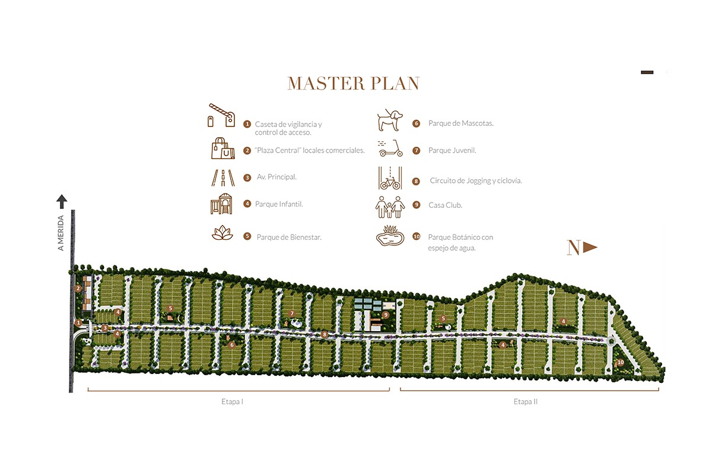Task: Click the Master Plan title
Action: (354, 84)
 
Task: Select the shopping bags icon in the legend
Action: (223, 148)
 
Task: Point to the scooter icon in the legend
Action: (390, 149)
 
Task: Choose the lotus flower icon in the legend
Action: (223, 233)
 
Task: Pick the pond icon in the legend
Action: (390, 236)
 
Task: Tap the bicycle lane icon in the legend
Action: (390, 178)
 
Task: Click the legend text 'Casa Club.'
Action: (445, 205)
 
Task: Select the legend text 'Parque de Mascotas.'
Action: (461, 123)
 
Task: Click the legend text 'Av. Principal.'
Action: (276, 177)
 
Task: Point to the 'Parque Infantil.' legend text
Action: (279, 204)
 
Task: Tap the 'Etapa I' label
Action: (228, 402)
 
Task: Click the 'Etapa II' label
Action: (526, 402)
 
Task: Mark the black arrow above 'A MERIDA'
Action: (62, 201)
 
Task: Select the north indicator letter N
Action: (573, 248)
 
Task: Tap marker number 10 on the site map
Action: (620, 362)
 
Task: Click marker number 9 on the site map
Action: (386, 315)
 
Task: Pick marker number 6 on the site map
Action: (232, 344)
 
